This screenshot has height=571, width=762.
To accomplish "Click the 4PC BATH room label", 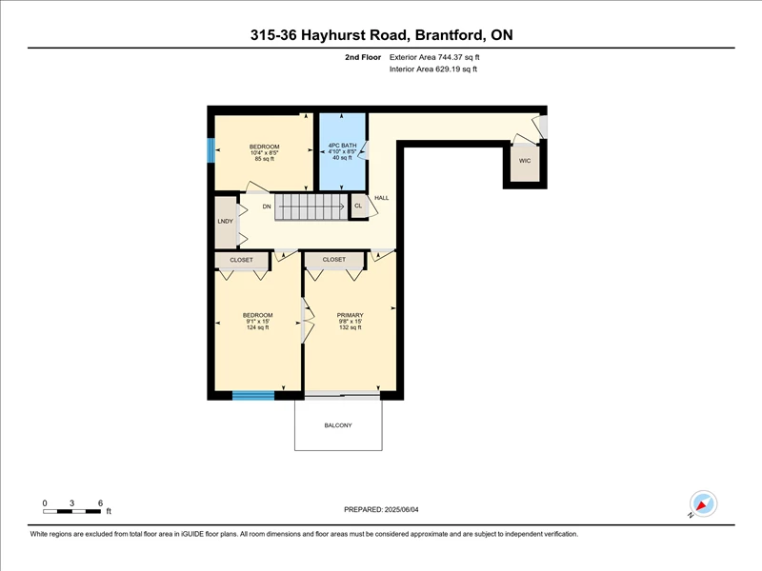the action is point(342,146).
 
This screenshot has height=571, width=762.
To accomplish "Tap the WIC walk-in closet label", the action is point(525,161).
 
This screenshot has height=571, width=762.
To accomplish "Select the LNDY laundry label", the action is point(226,222).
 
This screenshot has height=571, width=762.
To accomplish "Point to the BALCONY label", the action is point(338,425).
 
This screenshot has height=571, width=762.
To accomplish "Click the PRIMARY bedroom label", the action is point(350,315).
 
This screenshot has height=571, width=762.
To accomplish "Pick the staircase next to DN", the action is point(311,207).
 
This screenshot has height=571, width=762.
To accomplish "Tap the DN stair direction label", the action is point(267,207).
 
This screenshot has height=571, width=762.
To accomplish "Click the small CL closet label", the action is point(358,206).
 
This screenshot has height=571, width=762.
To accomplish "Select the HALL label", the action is point(382,198).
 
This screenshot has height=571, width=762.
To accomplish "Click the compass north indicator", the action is point(703,504).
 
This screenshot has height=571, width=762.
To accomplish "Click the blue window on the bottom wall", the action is point(253,396).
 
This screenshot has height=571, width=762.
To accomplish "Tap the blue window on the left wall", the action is point(211,150).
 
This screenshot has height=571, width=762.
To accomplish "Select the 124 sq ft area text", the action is point(257,327).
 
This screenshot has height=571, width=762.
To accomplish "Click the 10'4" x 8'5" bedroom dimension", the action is point(265,152).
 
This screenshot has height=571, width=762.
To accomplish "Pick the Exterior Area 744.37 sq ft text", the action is point(434,57).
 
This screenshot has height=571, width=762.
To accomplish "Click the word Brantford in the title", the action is point(450,35).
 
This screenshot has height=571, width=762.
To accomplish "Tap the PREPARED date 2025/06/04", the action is point(401,510).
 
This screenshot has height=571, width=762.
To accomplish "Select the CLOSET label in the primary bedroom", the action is point(334,260).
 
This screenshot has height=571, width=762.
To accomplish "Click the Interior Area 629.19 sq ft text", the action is point(433,69).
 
